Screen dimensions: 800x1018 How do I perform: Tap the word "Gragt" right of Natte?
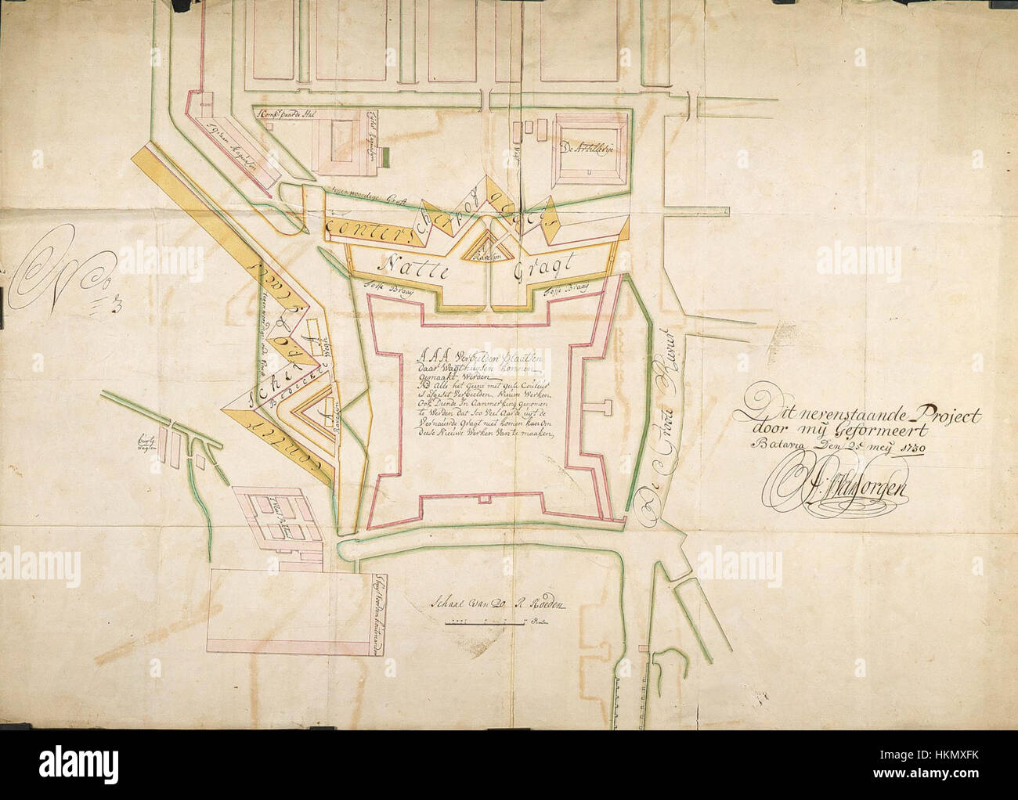click(540, 272)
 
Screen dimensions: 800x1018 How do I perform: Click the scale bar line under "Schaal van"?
click(486, 625)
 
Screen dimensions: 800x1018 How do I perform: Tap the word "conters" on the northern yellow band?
click(354, 223)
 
